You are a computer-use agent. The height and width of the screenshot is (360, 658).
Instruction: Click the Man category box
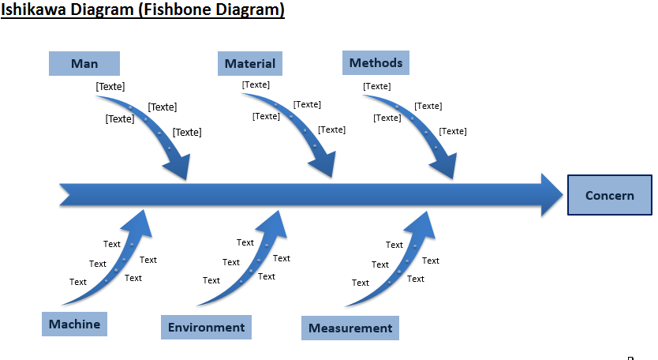84,63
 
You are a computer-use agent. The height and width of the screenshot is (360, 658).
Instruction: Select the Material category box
250,63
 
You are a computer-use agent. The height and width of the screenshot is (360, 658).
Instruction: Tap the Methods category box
376,62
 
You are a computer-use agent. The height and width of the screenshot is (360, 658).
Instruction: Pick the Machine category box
74,324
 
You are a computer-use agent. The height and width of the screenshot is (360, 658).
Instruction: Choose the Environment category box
206,327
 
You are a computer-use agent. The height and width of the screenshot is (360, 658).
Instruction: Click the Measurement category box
350,328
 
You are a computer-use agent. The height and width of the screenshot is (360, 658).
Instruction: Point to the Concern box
609,195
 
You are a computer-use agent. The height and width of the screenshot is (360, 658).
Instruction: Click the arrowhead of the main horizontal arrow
549,194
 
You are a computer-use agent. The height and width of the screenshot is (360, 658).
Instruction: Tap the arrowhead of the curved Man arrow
178,167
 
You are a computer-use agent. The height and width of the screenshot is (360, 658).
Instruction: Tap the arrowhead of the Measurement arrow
421,223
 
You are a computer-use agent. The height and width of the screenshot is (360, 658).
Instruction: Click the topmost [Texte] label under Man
110,87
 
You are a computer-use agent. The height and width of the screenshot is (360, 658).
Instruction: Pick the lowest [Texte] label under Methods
453,131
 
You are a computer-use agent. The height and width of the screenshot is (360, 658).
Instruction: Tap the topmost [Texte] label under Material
256,84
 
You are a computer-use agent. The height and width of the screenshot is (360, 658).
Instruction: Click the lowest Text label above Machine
78,282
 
